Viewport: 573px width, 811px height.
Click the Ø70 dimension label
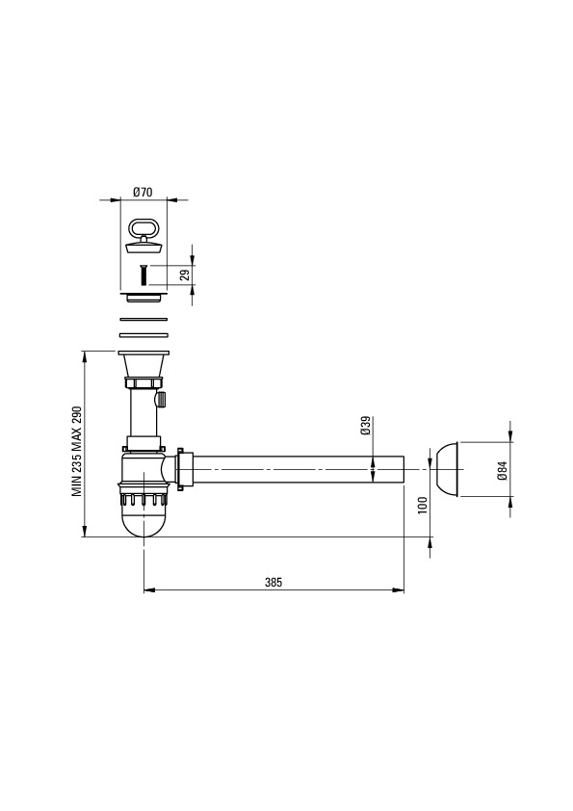[x=143, y=193]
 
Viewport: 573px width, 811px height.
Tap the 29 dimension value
[x=185, y=275]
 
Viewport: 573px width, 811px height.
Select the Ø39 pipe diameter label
[x=366, y=425]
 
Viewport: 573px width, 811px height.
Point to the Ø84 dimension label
[x=501, y=470]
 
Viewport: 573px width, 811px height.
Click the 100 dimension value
[x=423, y=505]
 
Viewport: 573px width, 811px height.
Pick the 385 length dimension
[x=273, y=582]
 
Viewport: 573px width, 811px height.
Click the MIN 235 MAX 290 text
[x=77, y=444]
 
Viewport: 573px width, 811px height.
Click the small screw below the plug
[x=143, y=275]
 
